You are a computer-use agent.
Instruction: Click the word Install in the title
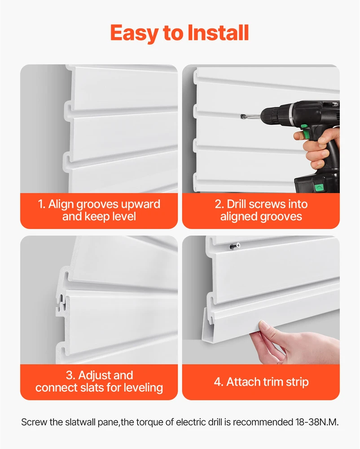[218, 33]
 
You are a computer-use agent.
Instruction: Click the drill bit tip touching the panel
[242, 116]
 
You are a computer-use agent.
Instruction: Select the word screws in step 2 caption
[267, 204]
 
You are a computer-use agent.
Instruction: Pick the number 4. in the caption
[219, 382]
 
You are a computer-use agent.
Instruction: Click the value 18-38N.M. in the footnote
[317, 422]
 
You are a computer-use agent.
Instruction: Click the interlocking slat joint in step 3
[62, 303]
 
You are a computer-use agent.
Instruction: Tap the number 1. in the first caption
[41, 204]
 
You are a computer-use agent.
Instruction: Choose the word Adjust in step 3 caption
[92, 375]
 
